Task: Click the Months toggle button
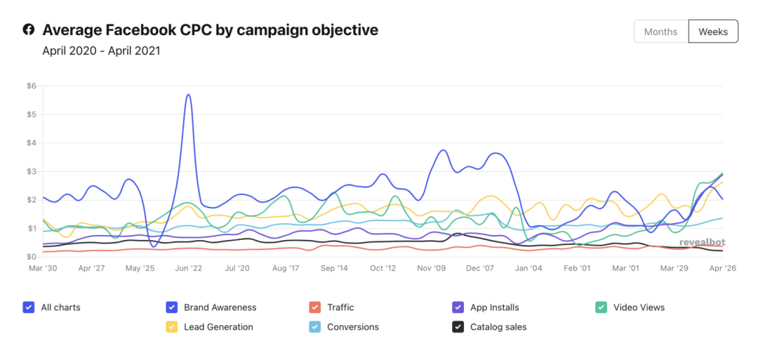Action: [660, 32]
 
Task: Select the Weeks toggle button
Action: [713, 32]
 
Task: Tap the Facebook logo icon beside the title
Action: [28, 29]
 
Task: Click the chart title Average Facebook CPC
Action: [210, 30]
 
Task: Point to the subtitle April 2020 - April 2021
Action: [101, 51]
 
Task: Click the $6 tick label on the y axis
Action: [31, 86]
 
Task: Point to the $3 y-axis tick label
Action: [31, 171]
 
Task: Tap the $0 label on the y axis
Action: [31, 257]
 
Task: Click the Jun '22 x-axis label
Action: [189, 268]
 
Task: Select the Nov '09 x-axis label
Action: [432, 268]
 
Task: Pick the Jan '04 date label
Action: [527, 268]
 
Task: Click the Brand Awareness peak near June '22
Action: [188, 95]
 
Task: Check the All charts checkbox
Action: [28, 307]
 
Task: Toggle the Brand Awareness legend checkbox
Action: [171, 307]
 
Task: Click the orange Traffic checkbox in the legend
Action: [314, 307]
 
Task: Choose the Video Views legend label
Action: [639, 307]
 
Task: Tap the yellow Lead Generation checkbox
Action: [171, 327]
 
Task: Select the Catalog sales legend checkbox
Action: [458, 327]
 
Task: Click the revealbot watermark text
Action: [702, 242]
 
